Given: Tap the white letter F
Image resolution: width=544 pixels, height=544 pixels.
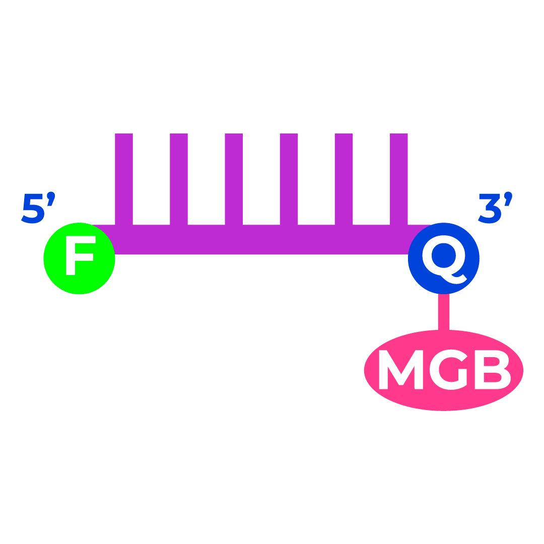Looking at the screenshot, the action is coord(79,255).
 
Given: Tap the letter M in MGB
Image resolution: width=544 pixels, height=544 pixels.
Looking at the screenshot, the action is coord(400,370).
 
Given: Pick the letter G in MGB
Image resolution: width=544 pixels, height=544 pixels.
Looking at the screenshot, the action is coord(448,370).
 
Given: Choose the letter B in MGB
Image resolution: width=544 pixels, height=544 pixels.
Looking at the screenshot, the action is coord(492,370).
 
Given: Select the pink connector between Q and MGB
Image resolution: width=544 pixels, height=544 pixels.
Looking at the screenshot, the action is coord(443,312).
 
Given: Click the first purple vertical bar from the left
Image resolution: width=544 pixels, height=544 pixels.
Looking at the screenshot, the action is coord(124,179).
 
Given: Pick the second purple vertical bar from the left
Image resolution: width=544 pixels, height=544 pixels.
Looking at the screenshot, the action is coord(179,179).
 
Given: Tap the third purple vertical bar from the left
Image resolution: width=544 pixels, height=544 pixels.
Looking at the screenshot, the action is coord(234,179).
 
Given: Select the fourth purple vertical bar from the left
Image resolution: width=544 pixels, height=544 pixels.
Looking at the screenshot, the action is coord(289,179).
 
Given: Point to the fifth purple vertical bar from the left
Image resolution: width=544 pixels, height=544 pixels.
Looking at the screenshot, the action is coord(344,179).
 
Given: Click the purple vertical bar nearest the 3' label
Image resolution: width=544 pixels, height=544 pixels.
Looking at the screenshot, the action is coord(398,179).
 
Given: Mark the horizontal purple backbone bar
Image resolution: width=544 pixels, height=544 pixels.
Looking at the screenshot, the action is coord(262,240).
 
